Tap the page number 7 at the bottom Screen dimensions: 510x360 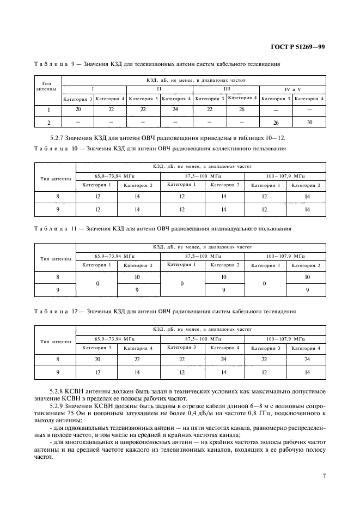point(324,476)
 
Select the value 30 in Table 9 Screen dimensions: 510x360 point(309,122)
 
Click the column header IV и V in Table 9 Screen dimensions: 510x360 point(292,88)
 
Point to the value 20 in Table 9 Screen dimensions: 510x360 point(78,110)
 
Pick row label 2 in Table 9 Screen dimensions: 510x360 point(48,122)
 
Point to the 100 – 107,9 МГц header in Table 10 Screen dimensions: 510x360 point(285,175)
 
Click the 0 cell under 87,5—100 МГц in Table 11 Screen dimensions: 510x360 point(182,283)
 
